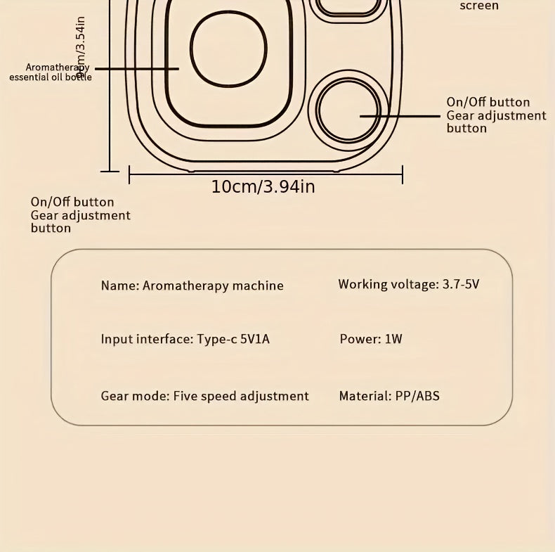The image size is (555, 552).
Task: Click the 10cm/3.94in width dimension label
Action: [263, 186]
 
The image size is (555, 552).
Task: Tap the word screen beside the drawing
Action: [479, 6]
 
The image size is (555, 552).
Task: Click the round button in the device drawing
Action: [348, 110]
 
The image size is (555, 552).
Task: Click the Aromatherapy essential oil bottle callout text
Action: [51, 72]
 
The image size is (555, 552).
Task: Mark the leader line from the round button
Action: [400, 115]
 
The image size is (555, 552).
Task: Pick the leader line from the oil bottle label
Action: [137, 68]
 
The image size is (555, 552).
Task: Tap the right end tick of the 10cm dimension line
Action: [403, 174]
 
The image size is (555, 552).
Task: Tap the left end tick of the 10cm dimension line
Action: [129, 174]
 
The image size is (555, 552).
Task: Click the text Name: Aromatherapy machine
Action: [192, 285]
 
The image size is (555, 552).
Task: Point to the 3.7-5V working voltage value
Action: [461, 284]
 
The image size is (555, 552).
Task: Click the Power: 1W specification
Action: [371, 339]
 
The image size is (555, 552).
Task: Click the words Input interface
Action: [145, 339]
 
